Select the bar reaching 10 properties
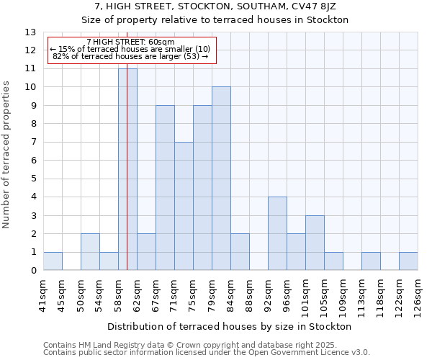[221, 179]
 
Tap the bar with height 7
[184, 206]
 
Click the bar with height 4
[277, 233]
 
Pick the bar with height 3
[315, 243]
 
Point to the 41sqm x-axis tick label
[43, 294]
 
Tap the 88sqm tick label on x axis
[249, 294]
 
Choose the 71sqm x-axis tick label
[174, 294]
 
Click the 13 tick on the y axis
[30, 32]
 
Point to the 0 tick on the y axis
[33, 271]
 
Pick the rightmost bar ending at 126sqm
[408, 261]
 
